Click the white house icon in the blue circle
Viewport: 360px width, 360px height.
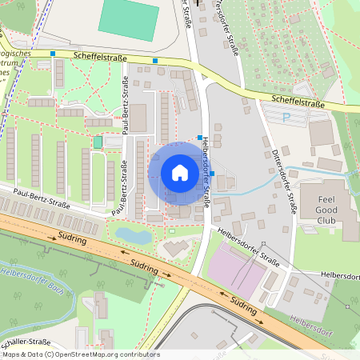coord(179,173)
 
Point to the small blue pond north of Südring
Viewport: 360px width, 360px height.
coord(131,236)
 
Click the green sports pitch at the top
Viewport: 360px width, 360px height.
coord(128,20)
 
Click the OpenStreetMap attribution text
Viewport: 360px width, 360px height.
coord(80,354)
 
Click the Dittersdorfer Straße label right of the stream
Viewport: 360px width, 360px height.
coord(286,181)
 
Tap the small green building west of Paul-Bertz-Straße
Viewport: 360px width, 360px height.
coord(98,142)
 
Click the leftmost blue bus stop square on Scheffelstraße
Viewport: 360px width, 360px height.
coord(53,54)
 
